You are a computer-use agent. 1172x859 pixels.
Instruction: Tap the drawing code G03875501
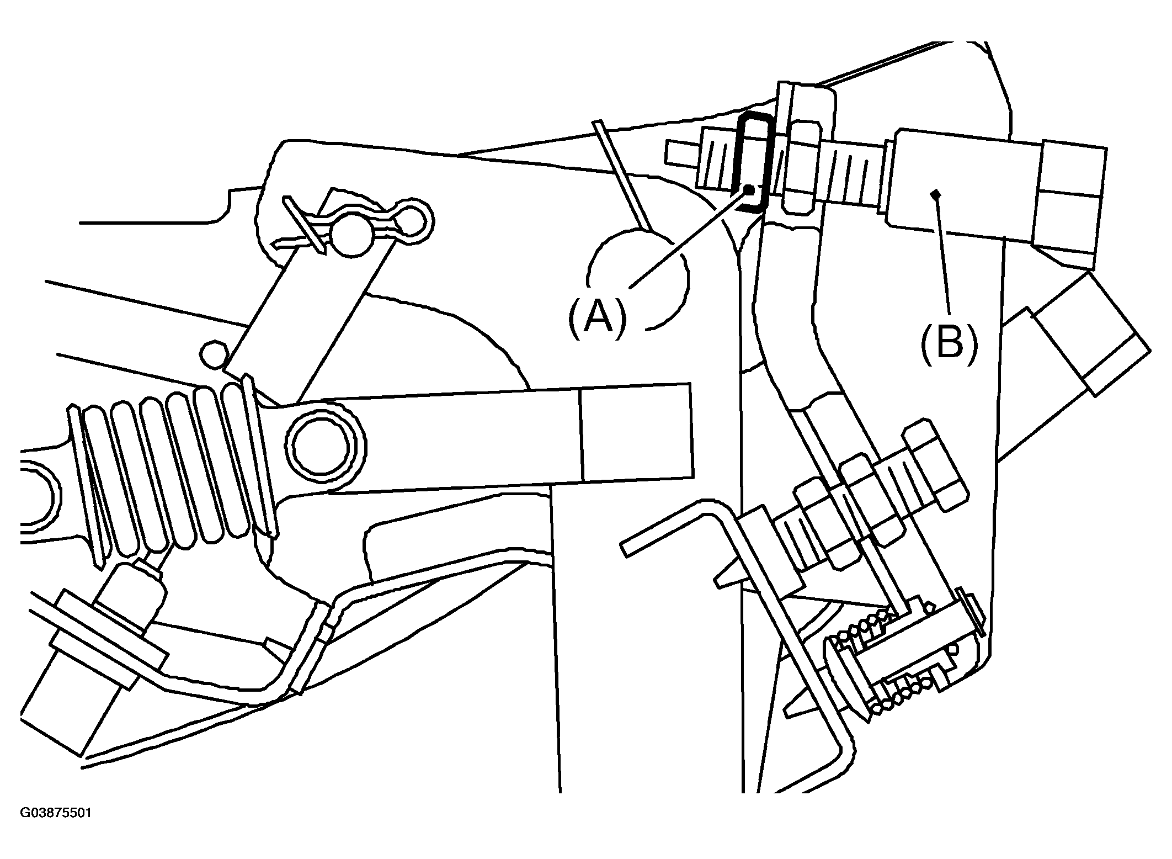point(56,813)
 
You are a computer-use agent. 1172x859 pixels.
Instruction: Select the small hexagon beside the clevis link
point(214,354)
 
